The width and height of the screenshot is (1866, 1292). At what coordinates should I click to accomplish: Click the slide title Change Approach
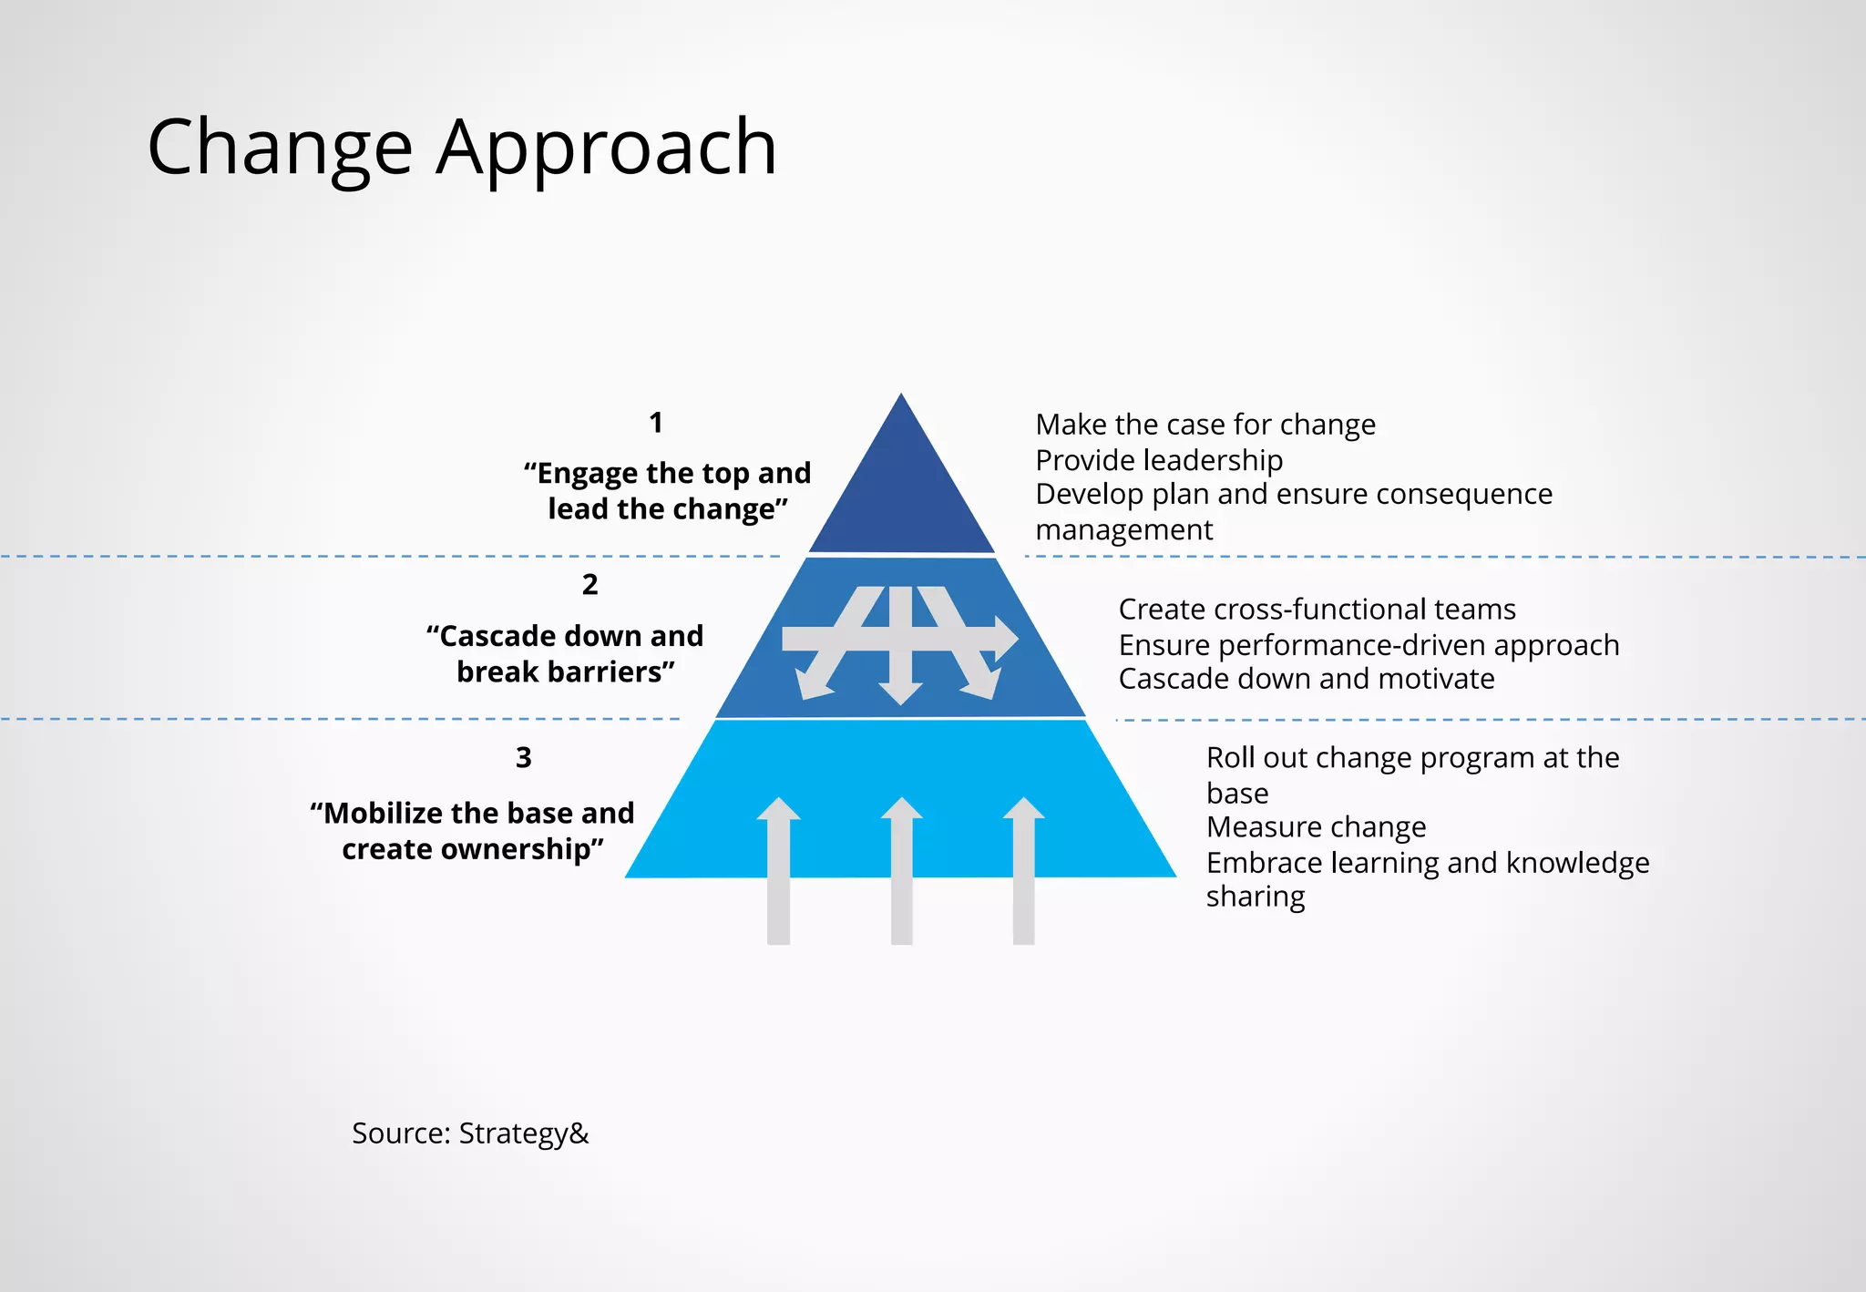462,148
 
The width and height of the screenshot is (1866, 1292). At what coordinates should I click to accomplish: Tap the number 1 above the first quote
656,423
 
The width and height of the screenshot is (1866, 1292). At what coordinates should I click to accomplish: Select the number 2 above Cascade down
590,584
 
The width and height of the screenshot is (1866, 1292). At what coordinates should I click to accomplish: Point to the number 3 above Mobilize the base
524,757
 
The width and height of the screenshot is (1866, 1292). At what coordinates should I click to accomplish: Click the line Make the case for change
1205,425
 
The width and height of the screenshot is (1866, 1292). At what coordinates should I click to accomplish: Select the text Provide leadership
1159,460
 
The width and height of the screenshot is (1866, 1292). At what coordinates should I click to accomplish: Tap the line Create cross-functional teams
1317,609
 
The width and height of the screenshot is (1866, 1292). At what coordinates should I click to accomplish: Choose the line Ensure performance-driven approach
1369,645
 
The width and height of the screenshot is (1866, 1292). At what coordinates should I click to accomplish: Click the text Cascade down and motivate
1306,679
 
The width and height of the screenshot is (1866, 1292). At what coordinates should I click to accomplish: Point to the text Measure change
1316,827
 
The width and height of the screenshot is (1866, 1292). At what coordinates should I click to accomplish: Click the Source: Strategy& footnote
470,1133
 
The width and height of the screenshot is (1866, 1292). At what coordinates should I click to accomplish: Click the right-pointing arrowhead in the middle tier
1005,638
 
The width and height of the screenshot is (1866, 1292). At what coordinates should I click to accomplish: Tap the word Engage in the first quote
588,474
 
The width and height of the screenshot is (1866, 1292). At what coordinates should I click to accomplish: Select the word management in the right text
1124,530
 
